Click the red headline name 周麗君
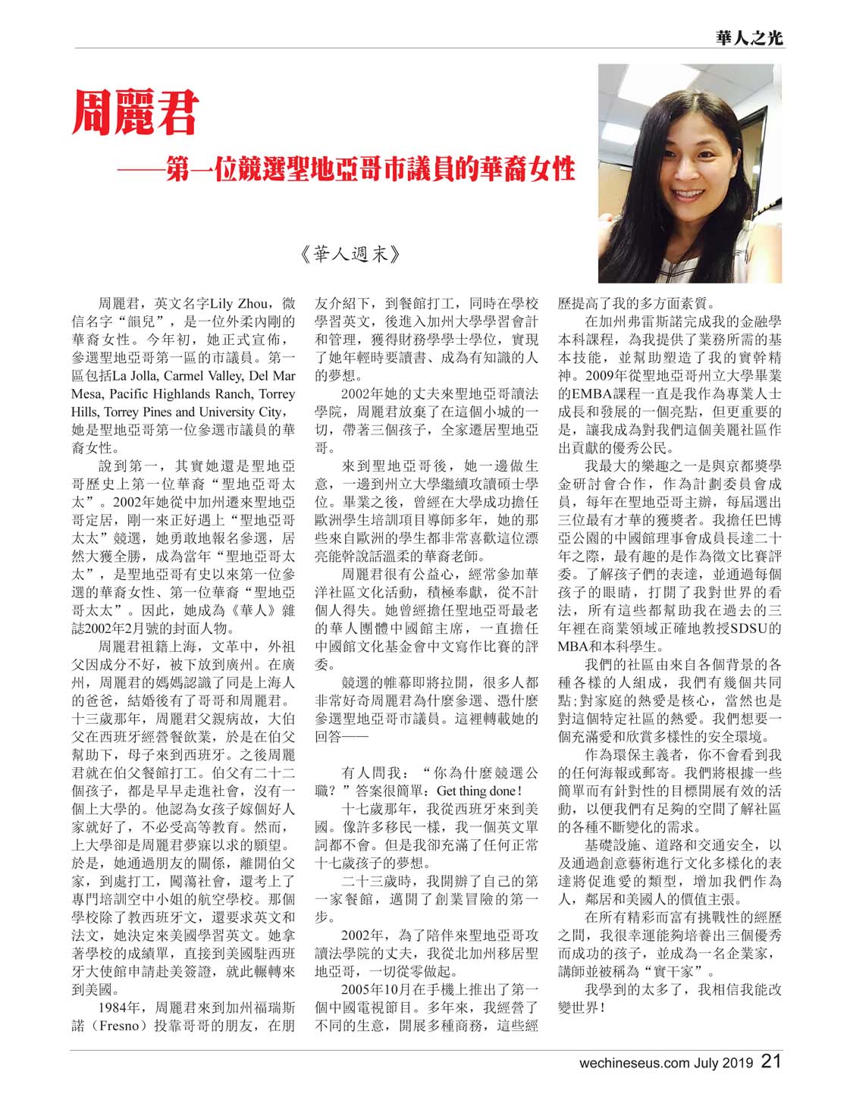tap(135, 113)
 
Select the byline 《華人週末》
tap(348, 254)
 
